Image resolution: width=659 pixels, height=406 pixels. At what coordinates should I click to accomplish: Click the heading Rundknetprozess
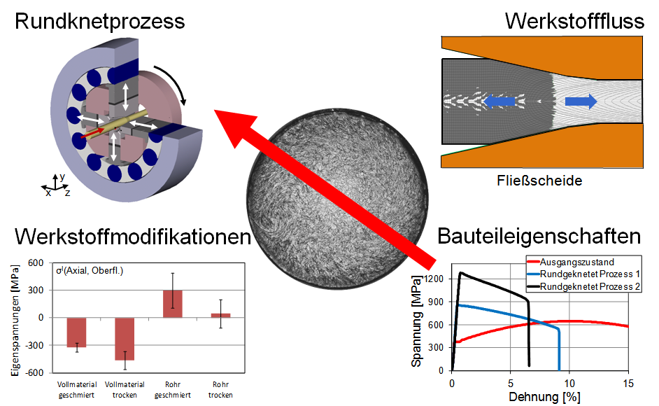click(99, 22)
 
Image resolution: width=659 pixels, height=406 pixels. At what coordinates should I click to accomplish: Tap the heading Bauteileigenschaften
click(539, 237)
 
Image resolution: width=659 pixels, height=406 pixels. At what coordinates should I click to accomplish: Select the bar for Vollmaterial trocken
click(125, 339)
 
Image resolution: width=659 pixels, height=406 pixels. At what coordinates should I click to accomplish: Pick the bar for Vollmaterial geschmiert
click(76, 332)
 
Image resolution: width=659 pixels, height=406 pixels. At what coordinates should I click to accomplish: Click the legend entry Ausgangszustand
click(575, 261)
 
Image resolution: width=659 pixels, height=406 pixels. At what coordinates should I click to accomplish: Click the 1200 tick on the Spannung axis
click(434, 279)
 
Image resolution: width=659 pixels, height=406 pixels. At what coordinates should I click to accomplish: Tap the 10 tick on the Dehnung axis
click(569, 383)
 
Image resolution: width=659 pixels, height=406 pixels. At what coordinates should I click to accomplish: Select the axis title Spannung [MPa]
click(417, 321)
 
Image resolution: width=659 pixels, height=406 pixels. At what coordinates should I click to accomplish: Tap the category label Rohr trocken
click(221, 390)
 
